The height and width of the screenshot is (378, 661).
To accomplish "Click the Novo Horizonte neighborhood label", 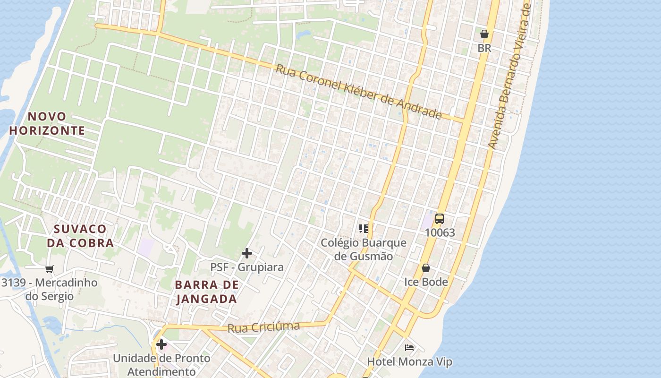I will (47, 123).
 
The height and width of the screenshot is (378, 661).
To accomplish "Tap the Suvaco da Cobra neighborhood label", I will (80, 236).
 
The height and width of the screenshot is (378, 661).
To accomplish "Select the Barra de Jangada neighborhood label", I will (206, 292).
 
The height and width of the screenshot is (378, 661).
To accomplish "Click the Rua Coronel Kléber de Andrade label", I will (358, 92).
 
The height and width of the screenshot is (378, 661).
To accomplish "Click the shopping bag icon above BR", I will (484, 34).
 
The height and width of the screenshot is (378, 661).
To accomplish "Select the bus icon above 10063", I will (440, 219).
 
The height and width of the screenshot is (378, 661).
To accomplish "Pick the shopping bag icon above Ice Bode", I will (426, 268).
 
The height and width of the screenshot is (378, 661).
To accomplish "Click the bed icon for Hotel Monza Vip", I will (409, 348).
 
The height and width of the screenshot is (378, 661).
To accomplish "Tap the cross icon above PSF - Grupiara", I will (246, 253).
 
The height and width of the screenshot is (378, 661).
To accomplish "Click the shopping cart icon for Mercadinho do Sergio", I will (50, 269).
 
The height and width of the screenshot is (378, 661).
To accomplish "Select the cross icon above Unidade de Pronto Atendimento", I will (161, 344).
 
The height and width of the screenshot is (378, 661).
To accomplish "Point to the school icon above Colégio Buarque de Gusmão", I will (364, 229).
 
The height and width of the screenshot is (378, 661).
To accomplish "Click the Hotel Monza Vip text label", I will (410, 362).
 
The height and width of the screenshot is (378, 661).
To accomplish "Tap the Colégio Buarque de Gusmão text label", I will (364, 249).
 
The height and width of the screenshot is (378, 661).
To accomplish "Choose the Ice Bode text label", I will (426, 282).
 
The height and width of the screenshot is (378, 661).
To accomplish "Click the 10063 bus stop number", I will (440, 232).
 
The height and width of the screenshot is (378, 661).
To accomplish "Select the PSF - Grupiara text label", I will (247, 267).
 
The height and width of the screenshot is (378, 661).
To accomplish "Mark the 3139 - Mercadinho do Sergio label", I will (50, 289).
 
